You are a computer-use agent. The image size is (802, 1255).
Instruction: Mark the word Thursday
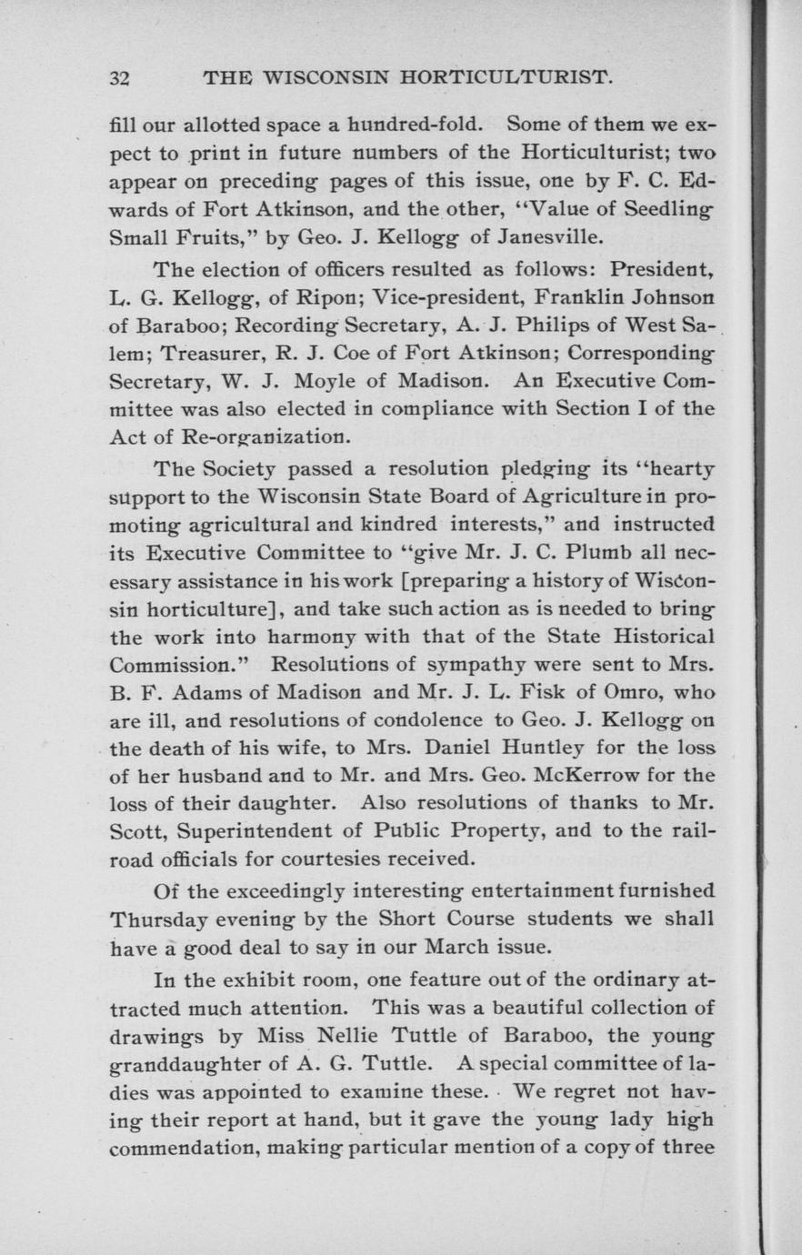[158, 919]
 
